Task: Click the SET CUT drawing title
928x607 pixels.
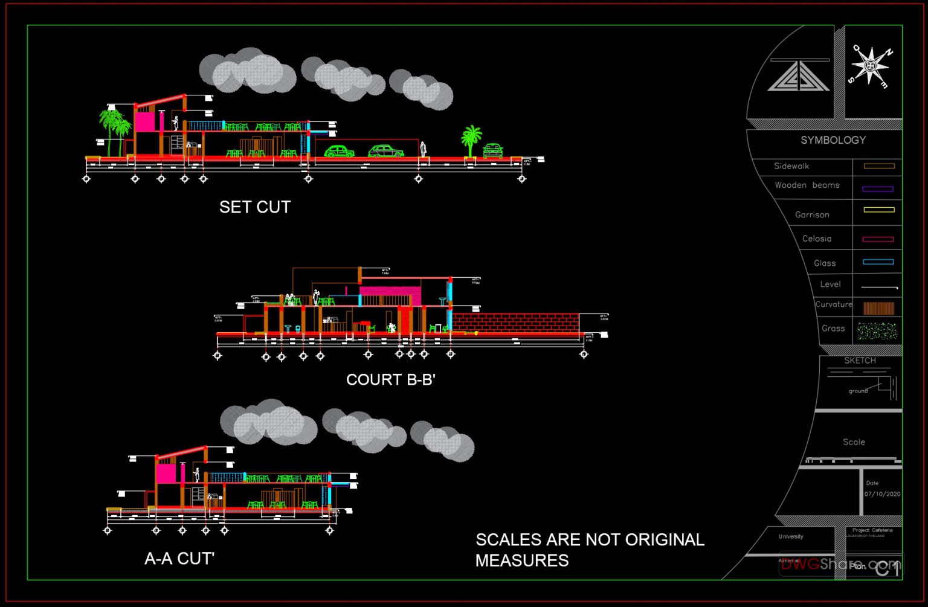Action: [x=255, y=207]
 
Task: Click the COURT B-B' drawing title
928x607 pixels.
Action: [x=390, y=380]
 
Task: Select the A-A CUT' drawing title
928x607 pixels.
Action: [x=179, y=559]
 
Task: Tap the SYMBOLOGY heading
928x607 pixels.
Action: [x=833, y=140]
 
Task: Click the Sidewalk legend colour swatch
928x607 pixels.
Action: [x=878, y=166]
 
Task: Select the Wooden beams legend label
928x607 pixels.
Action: [x=807, y=185]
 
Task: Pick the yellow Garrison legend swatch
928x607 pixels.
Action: [x=878, y=210]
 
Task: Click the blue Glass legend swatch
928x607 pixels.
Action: [x=878, y=262]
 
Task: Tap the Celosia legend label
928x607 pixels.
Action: [x=817, y=239]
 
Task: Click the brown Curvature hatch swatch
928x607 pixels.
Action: [x=878, y=308]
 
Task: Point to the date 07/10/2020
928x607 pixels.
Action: [x=882, y=494]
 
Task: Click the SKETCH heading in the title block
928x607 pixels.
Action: [x=860, y=361]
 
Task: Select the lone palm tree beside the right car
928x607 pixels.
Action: [x=471, y=141]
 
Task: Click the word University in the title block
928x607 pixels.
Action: [x=791, y=536]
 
